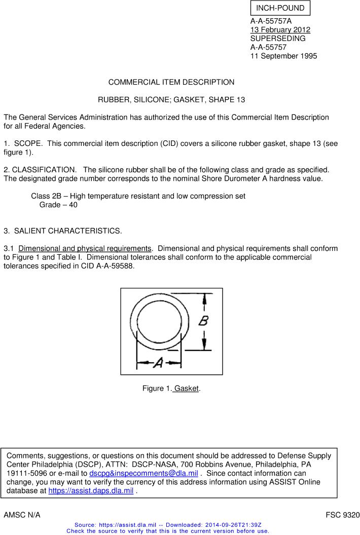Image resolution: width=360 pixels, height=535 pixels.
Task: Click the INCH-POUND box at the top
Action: click(280, 8)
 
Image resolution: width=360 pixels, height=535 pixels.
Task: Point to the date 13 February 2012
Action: click(280, 30)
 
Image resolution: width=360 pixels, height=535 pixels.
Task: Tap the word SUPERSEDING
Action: click(278, 39)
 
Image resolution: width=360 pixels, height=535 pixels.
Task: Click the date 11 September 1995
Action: click(283, 56)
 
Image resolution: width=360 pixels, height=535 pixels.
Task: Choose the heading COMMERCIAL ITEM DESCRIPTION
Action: click(171, 82)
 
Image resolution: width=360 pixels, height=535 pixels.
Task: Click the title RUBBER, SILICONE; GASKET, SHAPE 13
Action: click(171, 100)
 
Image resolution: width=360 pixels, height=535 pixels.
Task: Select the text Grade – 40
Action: click(58, 205)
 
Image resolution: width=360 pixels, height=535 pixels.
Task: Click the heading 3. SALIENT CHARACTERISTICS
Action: click(63, 231)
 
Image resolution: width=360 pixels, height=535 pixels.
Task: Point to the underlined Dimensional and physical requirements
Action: click(85, 248)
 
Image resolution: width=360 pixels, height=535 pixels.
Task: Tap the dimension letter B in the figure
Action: click(204, 321)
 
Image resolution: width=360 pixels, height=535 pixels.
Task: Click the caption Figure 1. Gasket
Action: click(171, 389)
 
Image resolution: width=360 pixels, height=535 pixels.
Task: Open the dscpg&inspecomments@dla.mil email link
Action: click(143, 473)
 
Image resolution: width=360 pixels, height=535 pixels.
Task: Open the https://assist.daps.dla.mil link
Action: click(91, 490)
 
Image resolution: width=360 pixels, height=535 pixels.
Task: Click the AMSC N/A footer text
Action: click(22, 515)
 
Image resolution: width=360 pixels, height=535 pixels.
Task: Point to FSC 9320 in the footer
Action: click(342, 515)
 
